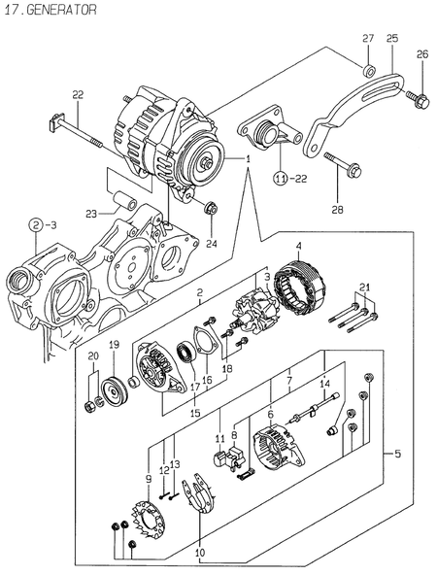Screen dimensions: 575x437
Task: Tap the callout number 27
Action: (368, 38)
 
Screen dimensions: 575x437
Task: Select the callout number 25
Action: (392, 38)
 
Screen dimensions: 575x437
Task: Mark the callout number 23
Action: (89, 214)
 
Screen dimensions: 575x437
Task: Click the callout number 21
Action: (364, 286)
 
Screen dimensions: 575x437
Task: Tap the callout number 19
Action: (113, 345)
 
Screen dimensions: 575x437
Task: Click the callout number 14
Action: (324, 385)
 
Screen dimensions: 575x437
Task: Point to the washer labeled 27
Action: (369, 71)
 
